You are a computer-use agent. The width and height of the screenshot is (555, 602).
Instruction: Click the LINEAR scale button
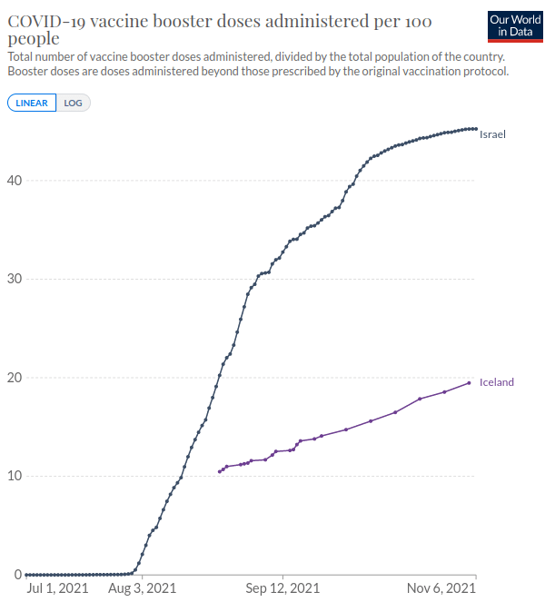[x=32, y=103]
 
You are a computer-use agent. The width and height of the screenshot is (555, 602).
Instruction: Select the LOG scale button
[x=73, y=103]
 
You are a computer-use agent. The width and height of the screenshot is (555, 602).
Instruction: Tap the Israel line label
[x=492, y=134]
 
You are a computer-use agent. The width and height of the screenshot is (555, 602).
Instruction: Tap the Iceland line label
[x=496, y=382]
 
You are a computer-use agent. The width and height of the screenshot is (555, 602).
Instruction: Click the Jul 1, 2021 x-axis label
[x=59, y=589]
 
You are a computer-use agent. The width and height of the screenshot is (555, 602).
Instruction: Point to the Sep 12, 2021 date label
[x=283, y=589]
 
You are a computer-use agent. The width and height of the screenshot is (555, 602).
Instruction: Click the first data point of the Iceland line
[x=220, y=471]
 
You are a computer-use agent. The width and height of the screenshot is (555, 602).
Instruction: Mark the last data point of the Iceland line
[x=470, y=382]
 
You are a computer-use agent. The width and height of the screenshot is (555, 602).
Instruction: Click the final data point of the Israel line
[x=475, y=129]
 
